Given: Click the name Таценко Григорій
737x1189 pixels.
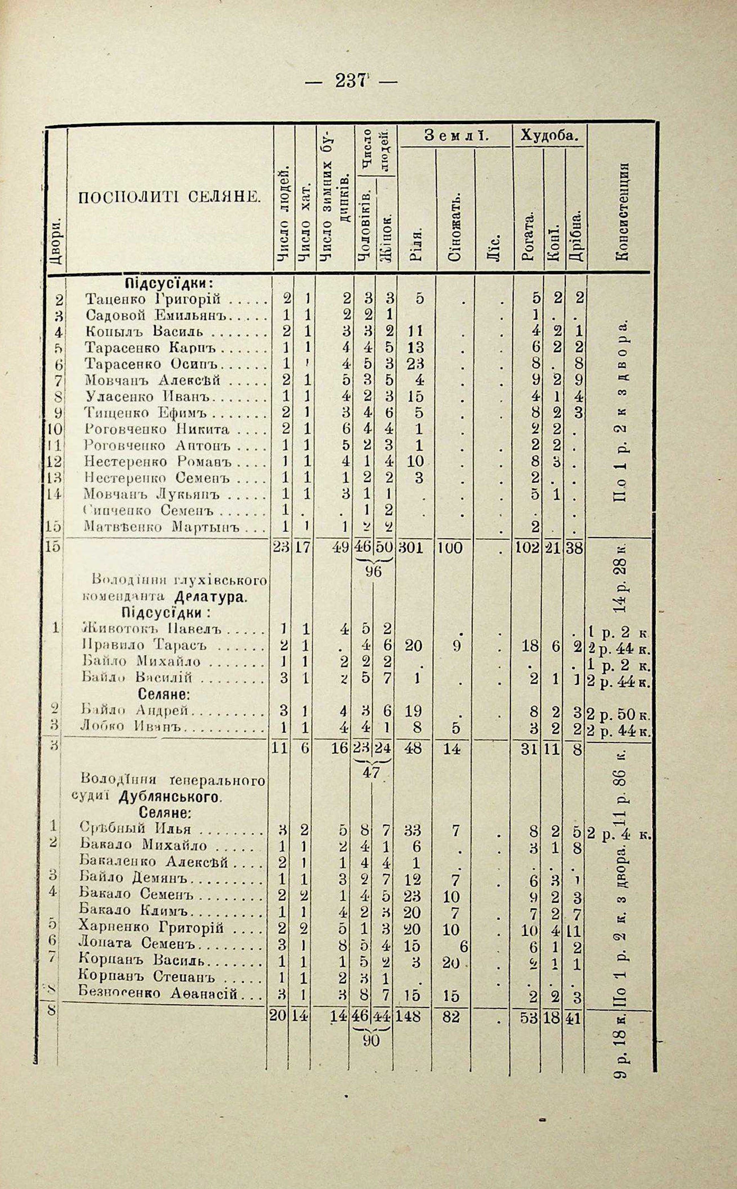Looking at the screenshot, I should click(x=153, y=299).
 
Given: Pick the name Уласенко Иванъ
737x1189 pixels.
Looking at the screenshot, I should click(x=151, y=396).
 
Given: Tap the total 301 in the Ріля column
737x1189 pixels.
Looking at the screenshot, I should click(x=412, y=548).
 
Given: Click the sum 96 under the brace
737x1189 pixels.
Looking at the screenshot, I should click(x=374, y=572).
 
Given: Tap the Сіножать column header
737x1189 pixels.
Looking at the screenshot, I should click(x=454, y=227).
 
